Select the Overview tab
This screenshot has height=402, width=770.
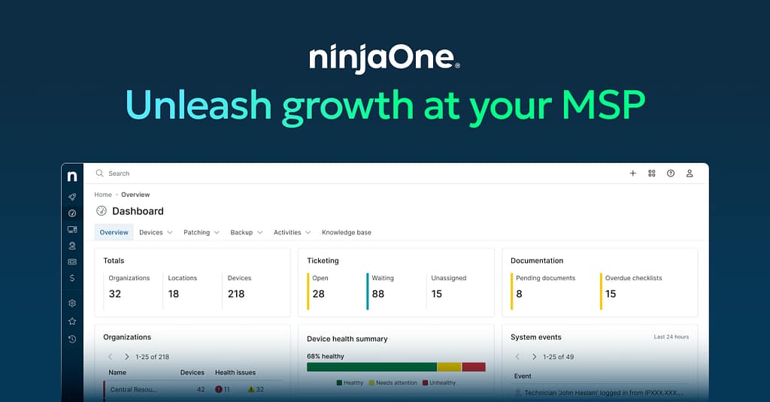click(x=114, y=232)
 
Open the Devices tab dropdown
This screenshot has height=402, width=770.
click(x=156, y=232)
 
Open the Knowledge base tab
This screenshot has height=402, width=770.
click(x=346, y=232)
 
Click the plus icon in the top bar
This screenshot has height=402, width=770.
click(x=632, y=174)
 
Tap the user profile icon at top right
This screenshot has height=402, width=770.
click(x=690, y=174)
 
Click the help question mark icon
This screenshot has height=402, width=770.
click(x=670, y=174)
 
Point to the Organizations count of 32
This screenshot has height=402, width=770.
click(x=115, y=294)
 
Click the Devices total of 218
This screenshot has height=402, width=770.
click(x=236, y=294)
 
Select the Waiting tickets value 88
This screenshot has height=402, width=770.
click(x=378, y=294)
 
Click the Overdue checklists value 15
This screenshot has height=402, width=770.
click(x=611, y=294)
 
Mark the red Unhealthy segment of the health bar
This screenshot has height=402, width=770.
click(x=473, y=367)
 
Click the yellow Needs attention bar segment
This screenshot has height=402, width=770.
click(x=449, y=367)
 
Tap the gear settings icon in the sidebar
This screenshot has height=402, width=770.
click(x=72, y=303)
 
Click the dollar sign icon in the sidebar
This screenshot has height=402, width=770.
click(x=72, y=278)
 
